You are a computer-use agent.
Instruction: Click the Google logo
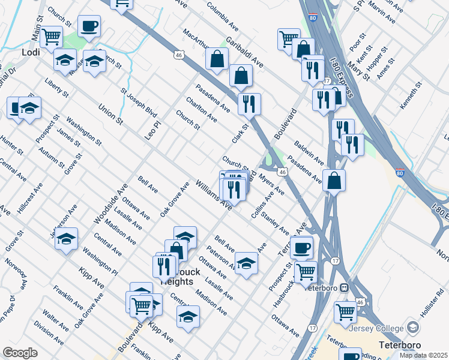point(20,353)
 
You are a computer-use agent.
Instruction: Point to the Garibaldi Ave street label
point(244,53)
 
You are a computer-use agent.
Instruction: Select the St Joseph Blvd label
point(138,104)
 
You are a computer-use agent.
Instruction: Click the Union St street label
point(110,115)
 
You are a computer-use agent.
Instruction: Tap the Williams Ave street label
point(213,194)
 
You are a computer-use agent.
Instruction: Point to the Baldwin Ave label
point(309,154)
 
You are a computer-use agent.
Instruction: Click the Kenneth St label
point(412,94)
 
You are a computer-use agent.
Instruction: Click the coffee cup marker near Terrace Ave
point(301,247)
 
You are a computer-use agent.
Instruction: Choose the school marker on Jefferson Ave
point(66,239)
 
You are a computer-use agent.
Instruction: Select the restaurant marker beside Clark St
point(249,103)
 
